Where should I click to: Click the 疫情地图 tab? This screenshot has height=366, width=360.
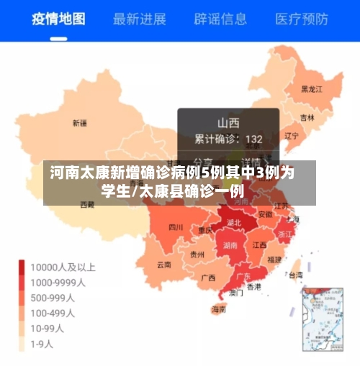click(59, 19)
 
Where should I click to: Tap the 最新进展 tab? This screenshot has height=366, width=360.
click(140, 19)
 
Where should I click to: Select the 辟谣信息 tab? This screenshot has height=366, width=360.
click(220, 19)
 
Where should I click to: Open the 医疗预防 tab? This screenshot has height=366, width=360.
click(301, 19)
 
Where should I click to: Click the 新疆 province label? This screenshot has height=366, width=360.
click(79, 123)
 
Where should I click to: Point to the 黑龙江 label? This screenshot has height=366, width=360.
click(312, 89)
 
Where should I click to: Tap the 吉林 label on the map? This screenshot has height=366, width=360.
click(307, 117)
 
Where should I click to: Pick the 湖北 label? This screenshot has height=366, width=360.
click(233, 223)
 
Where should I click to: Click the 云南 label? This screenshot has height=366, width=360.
click(164, 264)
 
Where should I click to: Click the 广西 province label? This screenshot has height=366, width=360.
click(208, 278)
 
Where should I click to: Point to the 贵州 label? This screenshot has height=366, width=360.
click(197, 254)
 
